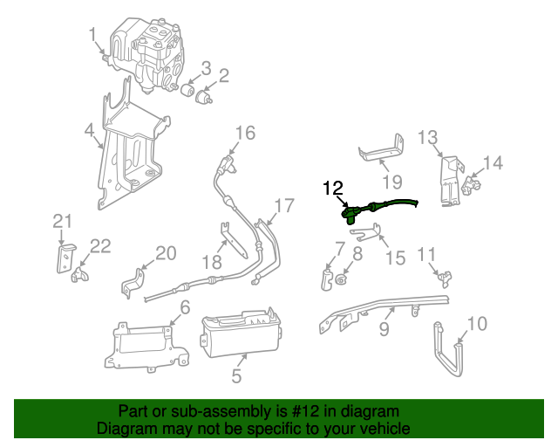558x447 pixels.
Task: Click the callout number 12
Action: coord(333,189)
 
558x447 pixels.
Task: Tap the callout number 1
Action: coord(93,35)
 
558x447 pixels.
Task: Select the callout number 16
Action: coord(245,133)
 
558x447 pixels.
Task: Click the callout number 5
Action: coord(236,377)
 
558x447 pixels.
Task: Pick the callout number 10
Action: coord(478,325)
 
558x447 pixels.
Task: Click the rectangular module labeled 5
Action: coord(240,336)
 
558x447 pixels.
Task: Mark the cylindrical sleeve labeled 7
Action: coord(327,279)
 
